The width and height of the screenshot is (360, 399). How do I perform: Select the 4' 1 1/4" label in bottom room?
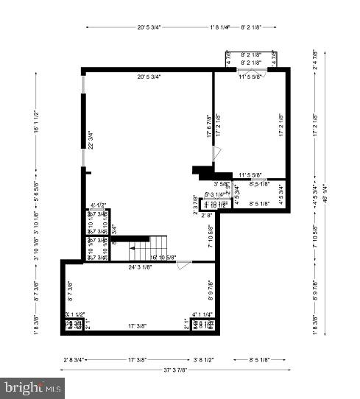[x=202, y=314]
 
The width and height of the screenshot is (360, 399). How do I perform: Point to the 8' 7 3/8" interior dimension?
[x=71, y=293]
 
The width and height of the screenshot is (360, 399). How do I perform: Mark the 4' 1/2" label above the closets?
[x=99, y=205]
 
